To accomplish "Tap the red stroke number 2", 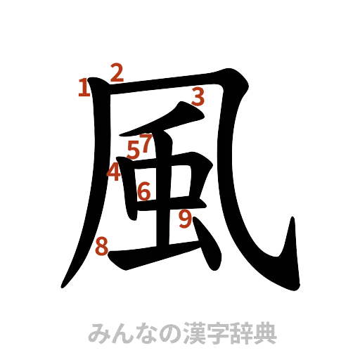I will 116,72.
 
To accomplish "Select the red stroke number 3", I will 198,96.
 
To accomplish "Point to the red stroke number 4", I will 113,171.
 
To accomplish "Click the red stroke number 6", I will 144,191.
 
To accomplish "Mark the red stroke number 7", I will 145,143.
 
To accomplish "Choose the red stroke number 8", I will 102,246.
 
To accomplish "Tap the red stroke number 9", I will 185,219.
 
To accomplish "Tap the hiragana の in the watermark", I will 168,333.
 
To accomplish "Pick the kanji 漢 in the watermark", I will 192,333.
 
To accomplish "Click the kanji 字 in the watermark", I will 216,333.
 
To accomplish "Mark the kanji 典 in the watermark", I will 264,333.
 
